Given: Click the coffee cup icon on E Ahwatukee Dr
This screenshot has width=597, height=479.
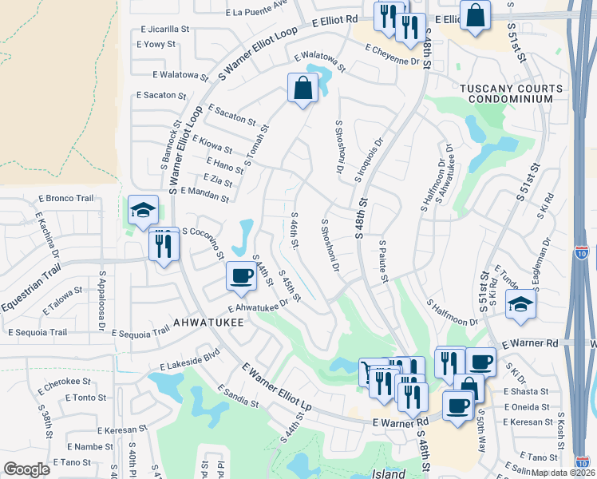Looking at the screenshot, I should coord(242,277).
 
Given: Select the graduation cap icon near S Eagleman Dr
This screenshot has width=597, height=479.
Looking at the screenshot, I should coord(520,305).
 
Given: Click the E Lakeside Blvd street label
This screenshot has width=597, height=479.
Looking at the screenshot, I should coord(189,361).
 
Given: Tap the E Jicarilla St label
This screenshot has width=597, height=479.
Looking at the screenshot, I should coord(168,28).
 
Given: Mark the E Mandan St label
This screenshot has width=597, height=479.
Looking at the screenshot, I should coord(205,194).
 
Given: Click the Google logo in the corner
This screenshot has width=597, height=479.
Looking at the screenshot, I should coord(27,469).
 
